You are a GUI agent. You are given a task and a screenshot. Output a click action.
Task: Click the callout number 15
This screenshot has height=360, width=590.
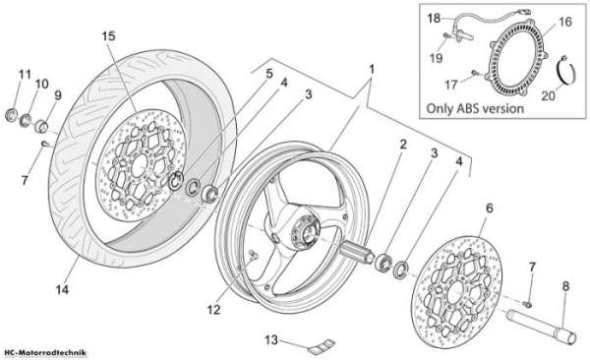(108, 36)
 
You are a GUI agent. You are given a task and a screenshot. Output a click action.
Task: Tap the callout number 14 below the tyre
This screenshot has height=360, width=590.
(63, 289)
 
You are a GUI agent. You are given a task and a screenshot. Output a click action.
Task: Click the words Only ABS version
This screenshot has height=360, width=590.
(475, 108)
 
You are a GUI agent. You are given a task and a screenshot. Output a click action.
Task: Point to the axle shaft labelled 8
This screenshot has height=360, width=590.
(541, 326)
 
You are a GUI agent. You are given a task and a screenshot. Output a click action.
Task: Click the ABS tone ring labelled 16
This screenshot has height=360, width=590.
(519, 57)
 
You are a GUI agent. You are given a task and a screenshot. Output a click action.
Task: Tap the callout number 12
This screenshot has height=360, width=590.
(213, 310)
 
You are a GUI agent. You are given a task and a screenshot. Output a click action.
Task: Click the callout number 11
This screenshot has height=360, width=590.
(25, 74)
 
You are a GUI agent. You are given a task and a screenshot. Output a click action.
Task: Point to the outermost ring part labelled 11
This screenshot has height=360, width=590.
(12, 115)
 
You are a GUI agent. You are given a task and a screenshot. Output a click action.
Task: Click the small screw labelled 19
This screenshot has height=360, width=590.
(446, 35)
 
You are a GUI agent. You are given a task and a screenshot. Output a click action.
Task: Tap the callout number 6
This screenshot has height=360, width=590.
(489, 208)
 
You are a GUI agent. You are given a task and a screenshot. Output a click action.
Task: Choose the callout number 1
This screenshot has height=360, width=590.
(372, 70)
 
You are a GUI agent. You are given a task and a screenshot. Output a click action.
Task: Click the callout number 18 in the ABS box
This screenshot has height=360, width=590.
(434, 18)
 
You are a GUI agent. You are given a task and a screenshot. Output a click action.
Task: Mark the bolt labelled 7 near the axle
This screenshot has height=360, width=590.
(527, 303)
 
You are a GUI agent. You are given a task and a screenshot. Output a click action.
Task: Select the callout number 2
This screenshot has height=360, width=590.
(403, 144)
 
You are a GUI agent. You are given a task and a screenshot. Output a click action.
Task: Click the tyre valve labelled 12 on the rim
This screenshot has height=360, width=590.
(253, 255)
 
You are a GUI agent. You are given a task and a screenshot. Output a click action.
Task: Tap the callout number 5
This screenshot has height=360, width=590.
(269, 74)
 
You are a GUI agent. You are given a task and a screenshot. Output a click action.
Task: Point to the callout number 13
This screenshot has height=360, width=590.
(271, 340)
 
